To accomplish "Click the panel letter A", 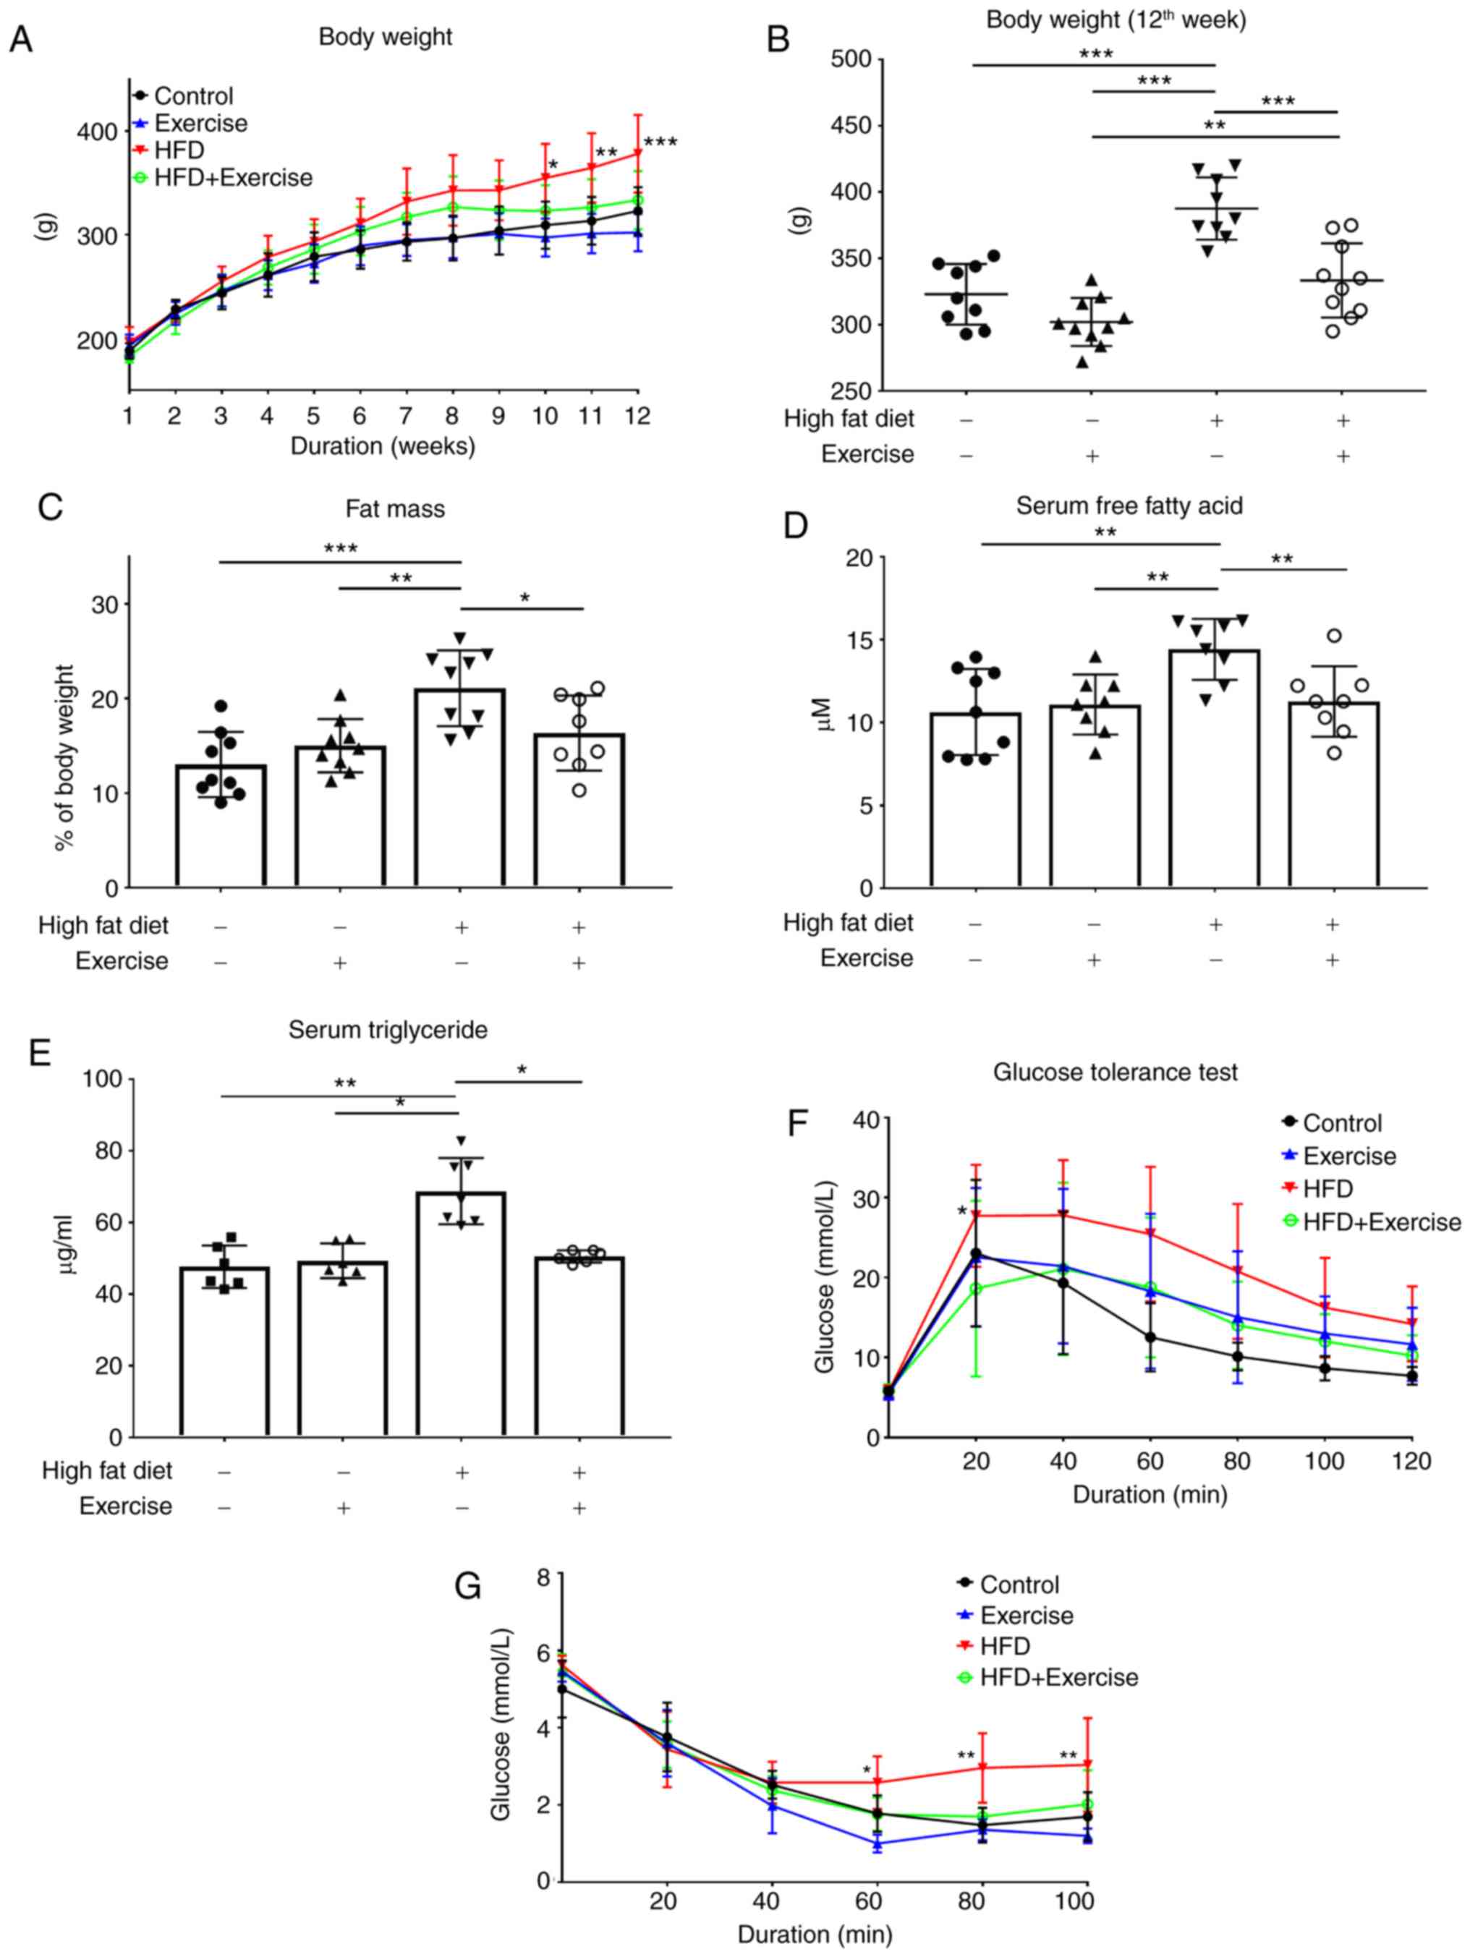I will pos(20,40).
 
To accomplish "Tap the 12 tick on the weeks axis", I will pos(637,415).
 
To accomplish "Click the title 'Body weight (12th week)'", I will pos(1116,20).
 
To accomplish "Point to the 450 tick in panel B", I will pos(851,126).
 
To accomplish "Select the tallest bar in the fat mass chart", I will pos(460,787).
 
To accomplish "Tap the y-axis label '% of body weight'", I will pos(63,758).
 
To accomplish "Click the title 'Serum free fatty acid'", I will pos(1129,506).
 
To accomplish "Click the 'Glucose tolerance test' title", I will pos(1114,1073).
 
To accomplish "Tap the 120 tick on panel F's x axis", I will pos(1411,1461).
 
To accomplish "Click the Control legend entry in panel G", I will pos(1019,1585).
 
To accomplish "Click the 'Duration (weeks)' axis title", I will pos(382,446).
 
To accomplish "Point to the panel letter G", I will pos(467,1586).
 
